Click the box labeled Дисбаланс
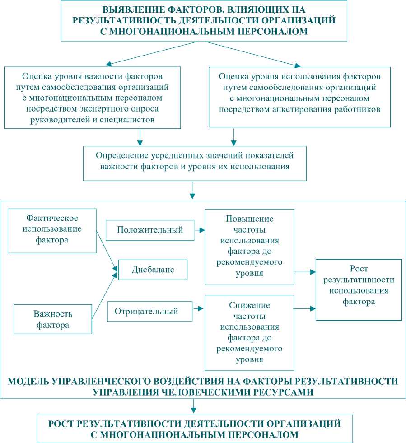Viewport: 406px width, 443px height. pos(153,270)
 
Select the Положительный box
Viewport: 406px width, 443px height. pos(150,230)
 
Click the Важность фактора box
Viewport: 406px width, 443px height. pos(53,319)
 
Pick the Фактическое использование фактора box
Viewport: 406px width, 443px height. pos(52,230)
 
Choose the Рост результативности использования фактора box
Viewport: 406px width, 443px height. pos(359,289)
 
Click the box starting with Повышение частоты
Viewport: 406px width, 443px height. pos(249,247)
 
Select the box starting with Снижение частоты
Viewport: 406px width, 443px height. pos(249,332)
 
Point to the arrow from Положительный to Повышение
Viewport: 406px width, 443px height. pos(199,230)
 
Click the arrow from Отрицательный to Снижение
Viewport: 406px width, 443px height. pos(199,309)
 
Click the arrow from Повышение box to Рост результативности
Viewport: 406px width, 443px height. pos(305,272)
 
